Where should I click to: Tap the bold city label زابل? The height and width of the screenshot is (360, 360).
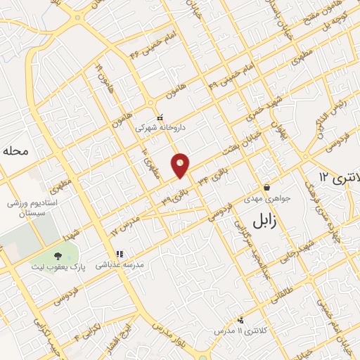266,221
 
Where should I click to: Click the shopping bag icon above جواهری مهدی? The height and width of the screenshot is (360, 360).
267,188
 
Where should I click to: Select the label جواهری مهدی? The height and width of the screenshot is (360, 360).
266,198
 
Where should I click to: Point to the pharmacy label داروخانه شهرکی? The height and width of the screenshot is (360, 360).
153,128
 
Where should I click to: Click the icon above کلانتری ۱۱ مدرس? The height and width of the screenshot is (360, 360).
240,320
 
